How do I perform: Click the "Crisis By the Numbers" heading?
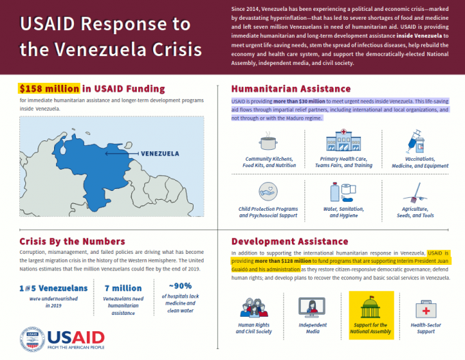[x=72, y=241]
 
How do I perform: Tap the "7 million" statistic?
[x=123, y=288]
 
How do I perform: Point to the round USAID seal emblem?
[x=32, y=340]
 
